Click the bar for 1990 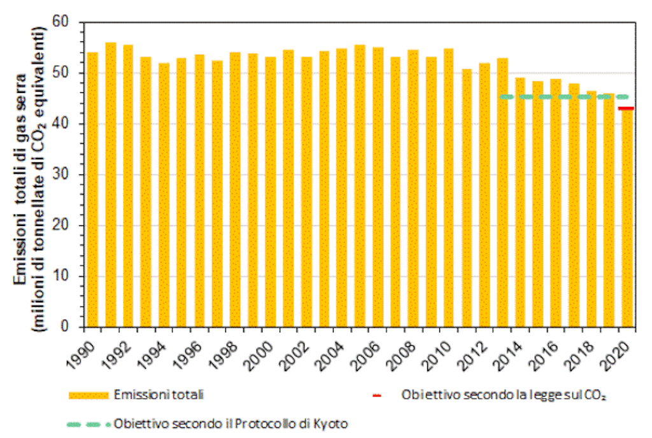92,191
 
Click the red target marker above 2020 627,108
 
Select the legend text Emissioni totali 159,395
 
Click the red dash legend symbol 376,396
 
